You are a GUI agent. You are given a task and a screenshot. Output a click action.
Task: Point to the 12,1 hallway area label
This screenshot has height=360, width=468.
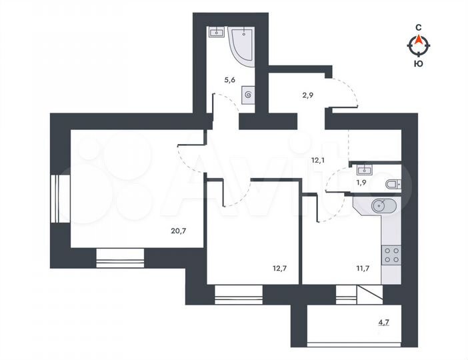pos(318,159)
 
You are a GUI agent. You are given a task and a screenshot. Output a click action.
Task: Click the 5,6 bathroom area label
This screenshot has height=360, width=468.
pos(229,80)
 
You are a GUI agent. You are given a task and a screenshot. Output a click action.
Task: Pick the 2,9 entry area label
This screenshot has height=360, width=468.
pos(307,96)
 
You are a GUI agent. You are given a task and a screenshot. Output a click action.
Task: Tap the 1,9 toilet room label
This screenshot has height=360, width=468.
pos(361,182)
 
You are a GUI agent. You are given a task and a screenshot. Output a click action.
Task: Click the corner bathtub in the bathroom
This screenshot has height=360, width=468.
pos(243,41)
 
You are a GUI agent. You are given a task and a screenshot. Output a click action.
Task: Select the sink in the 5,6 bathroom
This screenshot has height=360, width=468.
pos(216,32)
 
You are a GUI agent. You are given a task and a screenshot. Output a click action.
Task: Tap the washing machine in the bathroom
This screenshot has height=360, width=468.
pos(248,95)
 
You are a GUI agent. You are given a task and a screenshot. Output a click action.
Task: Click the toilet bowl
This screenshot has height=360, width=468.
pos(391,183)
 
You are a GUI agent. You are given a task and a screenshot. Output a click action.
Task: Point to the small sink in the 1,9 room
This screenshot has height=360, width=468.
pos(363,167)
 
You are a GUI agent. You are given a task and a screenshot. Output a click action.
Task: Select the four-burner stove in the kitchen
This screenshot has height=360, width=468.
pos(390,253)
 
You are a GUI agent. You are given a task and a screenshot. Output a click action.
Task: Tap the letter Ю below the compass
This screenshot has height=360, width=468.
pos(418,63)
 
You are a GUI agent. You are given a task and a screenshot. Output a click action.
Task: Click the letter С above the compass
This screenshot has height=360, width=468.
pos(419,27)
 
